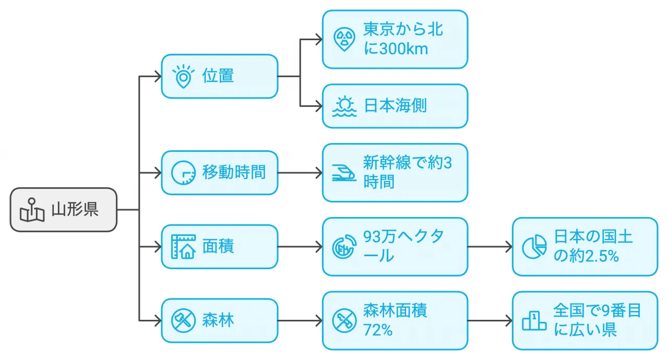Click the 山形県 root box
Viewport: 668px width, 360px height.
(x=64, y=210)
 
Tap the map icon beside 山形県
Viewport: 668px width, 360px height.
(x=32, y=210)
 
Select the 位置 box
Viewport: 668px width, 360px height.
(x=219, y=76)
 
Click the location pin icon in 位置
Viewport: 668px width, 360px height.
(x=183, y=77)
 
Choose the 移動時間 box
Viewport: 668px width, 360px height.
(x=219, y=173)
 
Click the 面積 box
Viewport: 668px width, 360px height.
(x=219, y=247)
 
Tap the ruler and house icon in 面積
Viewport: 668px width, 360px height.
(x=183, y=247)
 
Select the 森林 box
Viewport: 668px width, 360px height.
(x=219, y=320)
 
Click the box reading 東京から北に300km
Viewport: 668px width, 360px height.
(x=395, y=39)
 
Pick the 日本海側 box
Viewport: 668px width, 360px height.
(x=395, y=106)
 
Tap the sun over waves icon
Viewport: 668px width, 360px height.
(x=344, y=106)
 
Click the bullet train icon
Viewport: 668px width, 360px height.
(x=344, y=173)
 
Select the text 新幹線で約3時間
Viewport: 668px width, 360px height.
(x=407, y=173)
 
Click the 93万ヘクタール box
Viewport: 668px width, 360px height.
(x=395, y=247)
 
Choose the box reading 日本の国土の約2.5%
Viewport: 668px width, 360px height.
(x=584, y=247)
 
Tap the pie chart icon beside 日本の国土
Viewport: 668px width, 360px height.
(x=534, y=247)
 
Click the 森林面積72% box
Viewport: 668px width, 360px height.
(x=395, y=320)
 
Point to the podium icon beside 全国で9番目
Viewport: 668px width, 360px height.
(x=534, y=320)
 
